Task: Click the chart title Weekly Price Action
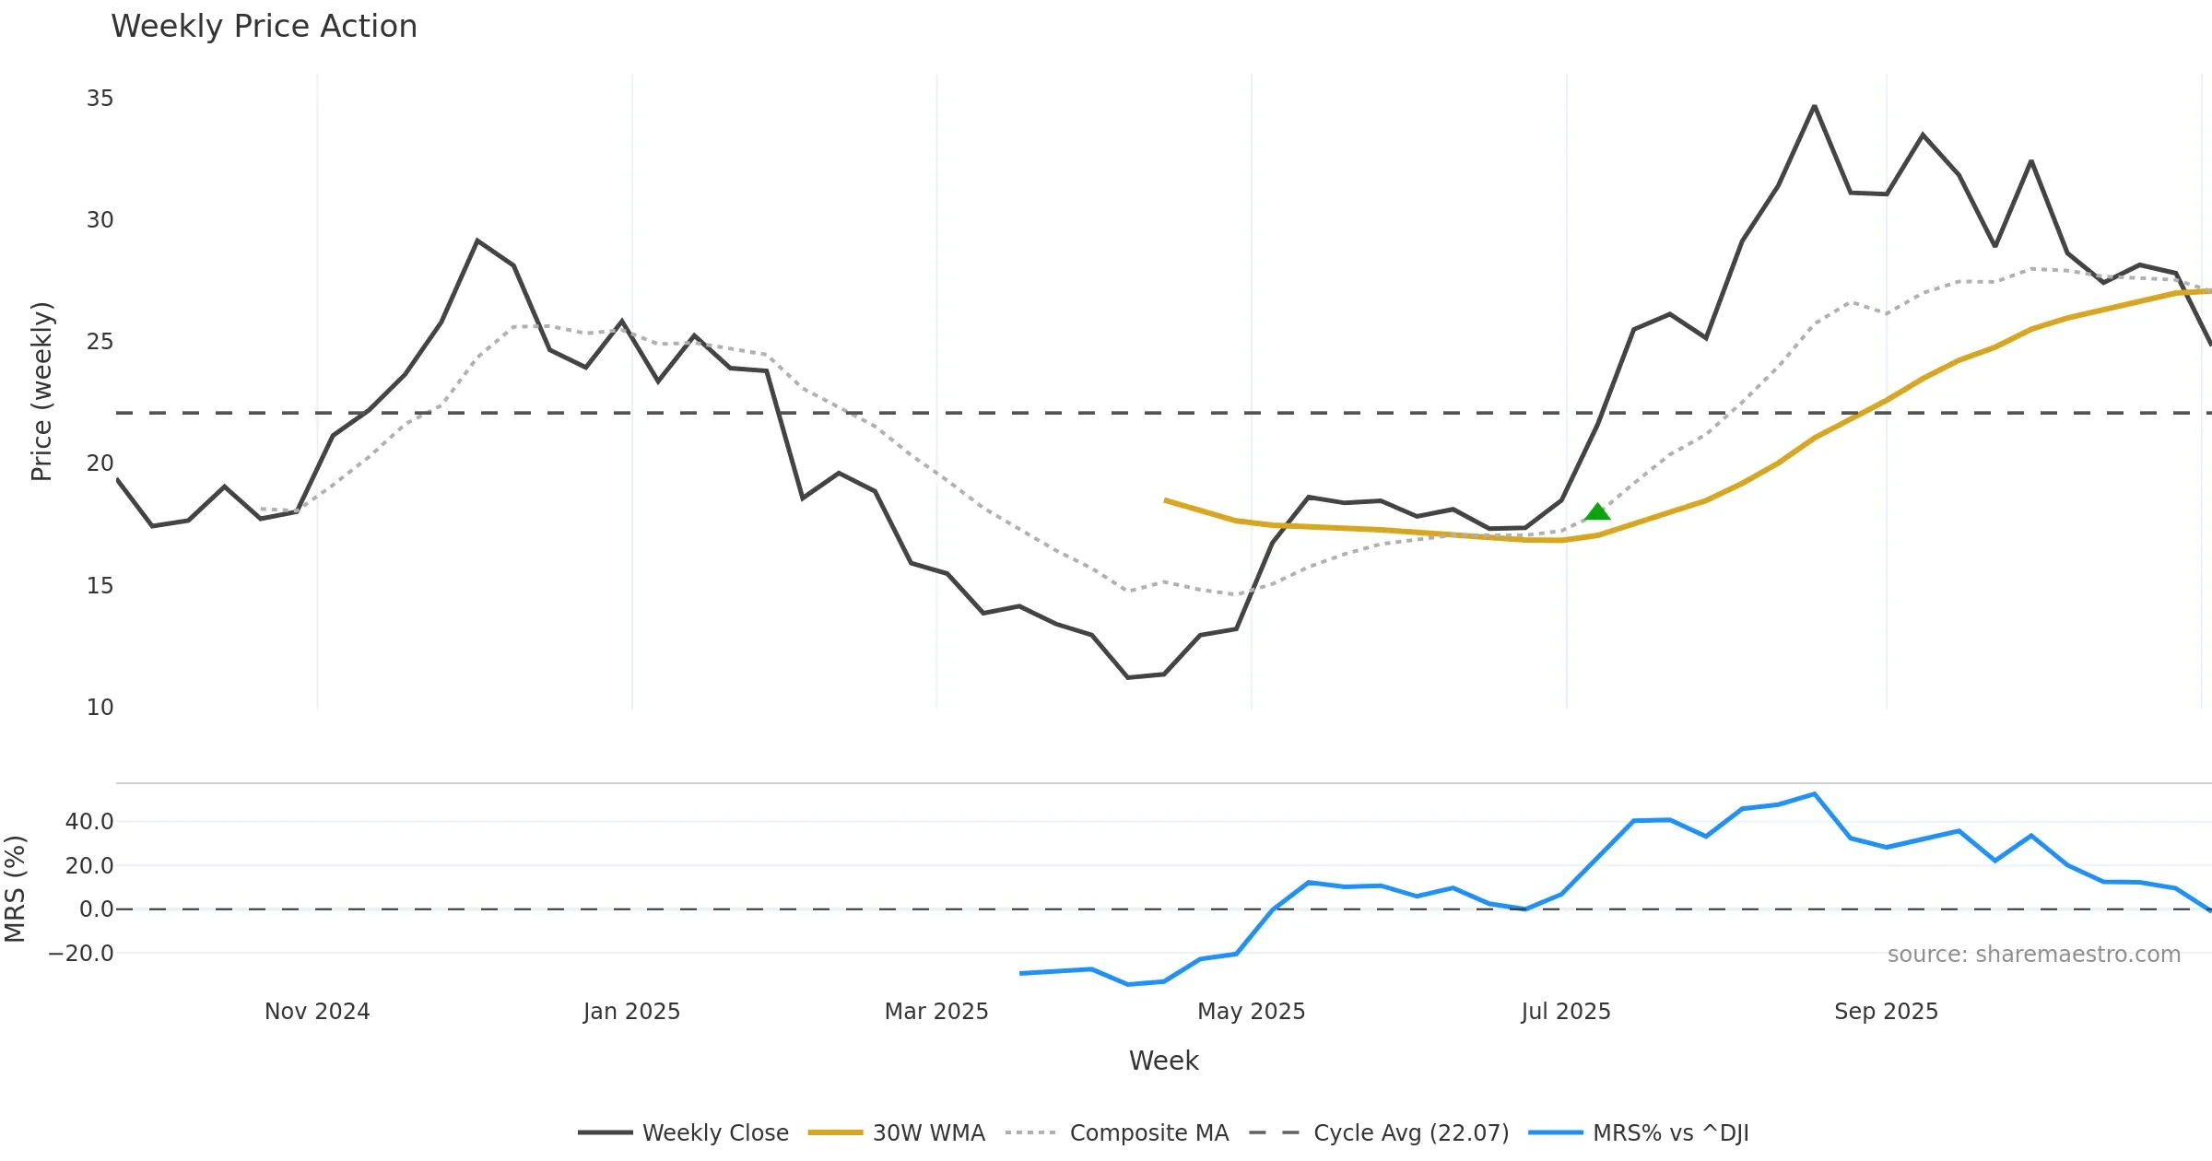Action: [x=264, y=27]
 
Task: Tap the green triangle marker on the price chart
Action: [x=1597, y=511]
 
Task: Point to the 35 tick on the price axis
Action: [x=100, y=99]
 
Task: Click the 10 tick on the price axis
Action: [x=100, y=708]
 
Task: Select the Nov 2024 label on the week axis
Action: [x=317, y=1012]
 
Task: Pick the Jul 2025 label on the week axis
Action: [x=1566, y=1012]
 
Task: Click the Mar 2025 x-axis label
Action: [x=936, y=1012]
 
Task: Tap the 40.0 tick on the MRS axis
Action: [x=89, y=822]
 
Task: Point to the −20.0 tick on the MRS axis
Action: [x=82, y=954]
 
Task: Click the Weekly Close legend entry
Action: [x=715, y=1132]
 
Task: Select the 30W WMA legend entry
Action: [x=928, y=1132]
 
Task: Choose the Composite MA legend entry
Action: [x=1148, y=1132]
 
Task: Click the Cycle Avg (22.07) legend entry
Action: [x=1411, y=1132]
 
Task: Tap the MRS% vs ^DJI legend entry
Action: [x=1670, y=1132]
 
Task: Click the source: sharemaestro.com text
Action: [x=2033, y=955]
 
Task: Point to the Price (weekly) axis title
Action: [x=42, y=392]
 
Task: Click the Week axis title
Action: [x=1163, y=1061]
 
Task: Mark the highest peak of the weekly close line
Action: [x=1814, y=107]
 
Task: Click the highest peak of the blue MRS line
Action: [x=1814, y=794]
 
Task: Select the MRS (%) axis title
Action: [x=16, y=889]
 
